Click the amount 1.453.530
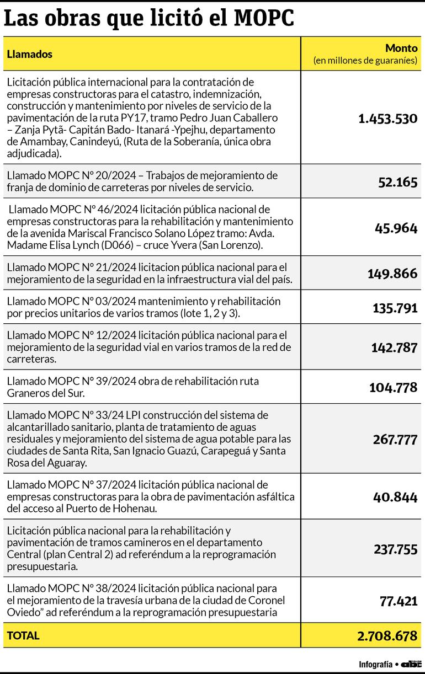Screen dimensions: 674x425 (x=387, y=119)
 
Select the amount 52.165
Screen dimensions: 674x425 (x=397, y=182)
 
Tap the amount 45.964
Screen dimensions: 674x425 (x=396, y=228)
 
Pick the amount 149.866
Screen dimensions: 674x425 (x=392, y=274)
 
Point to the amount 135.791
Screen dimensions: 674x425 (x=395, y=308)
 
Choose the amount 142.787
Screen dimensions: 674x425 (x=394, y=347)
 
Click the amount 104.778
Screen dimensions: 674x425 (x=393, y=388)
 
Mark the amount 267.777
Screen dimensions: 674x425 (x=395, y=438)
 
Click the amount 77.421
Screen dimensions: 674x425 (x=399, y=601)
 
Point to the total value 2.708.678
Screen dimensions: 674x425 (x=387, y=636)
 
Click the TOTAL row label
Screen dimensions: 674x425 (x=23, y=635)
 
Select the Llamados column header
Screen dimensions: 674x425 (x=30, y=54)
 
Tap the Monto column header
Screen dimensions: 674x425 (x=401, y=48)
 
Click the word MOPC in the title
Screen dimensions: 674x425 (x=264, y=18)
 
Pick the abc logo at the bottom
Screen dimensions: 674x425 (x=411, y=664)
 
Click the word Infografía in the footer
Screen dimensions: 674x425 (x=375, y=664)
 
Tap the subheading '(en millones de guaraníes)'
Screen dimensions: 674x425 (x=365, y=61)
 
